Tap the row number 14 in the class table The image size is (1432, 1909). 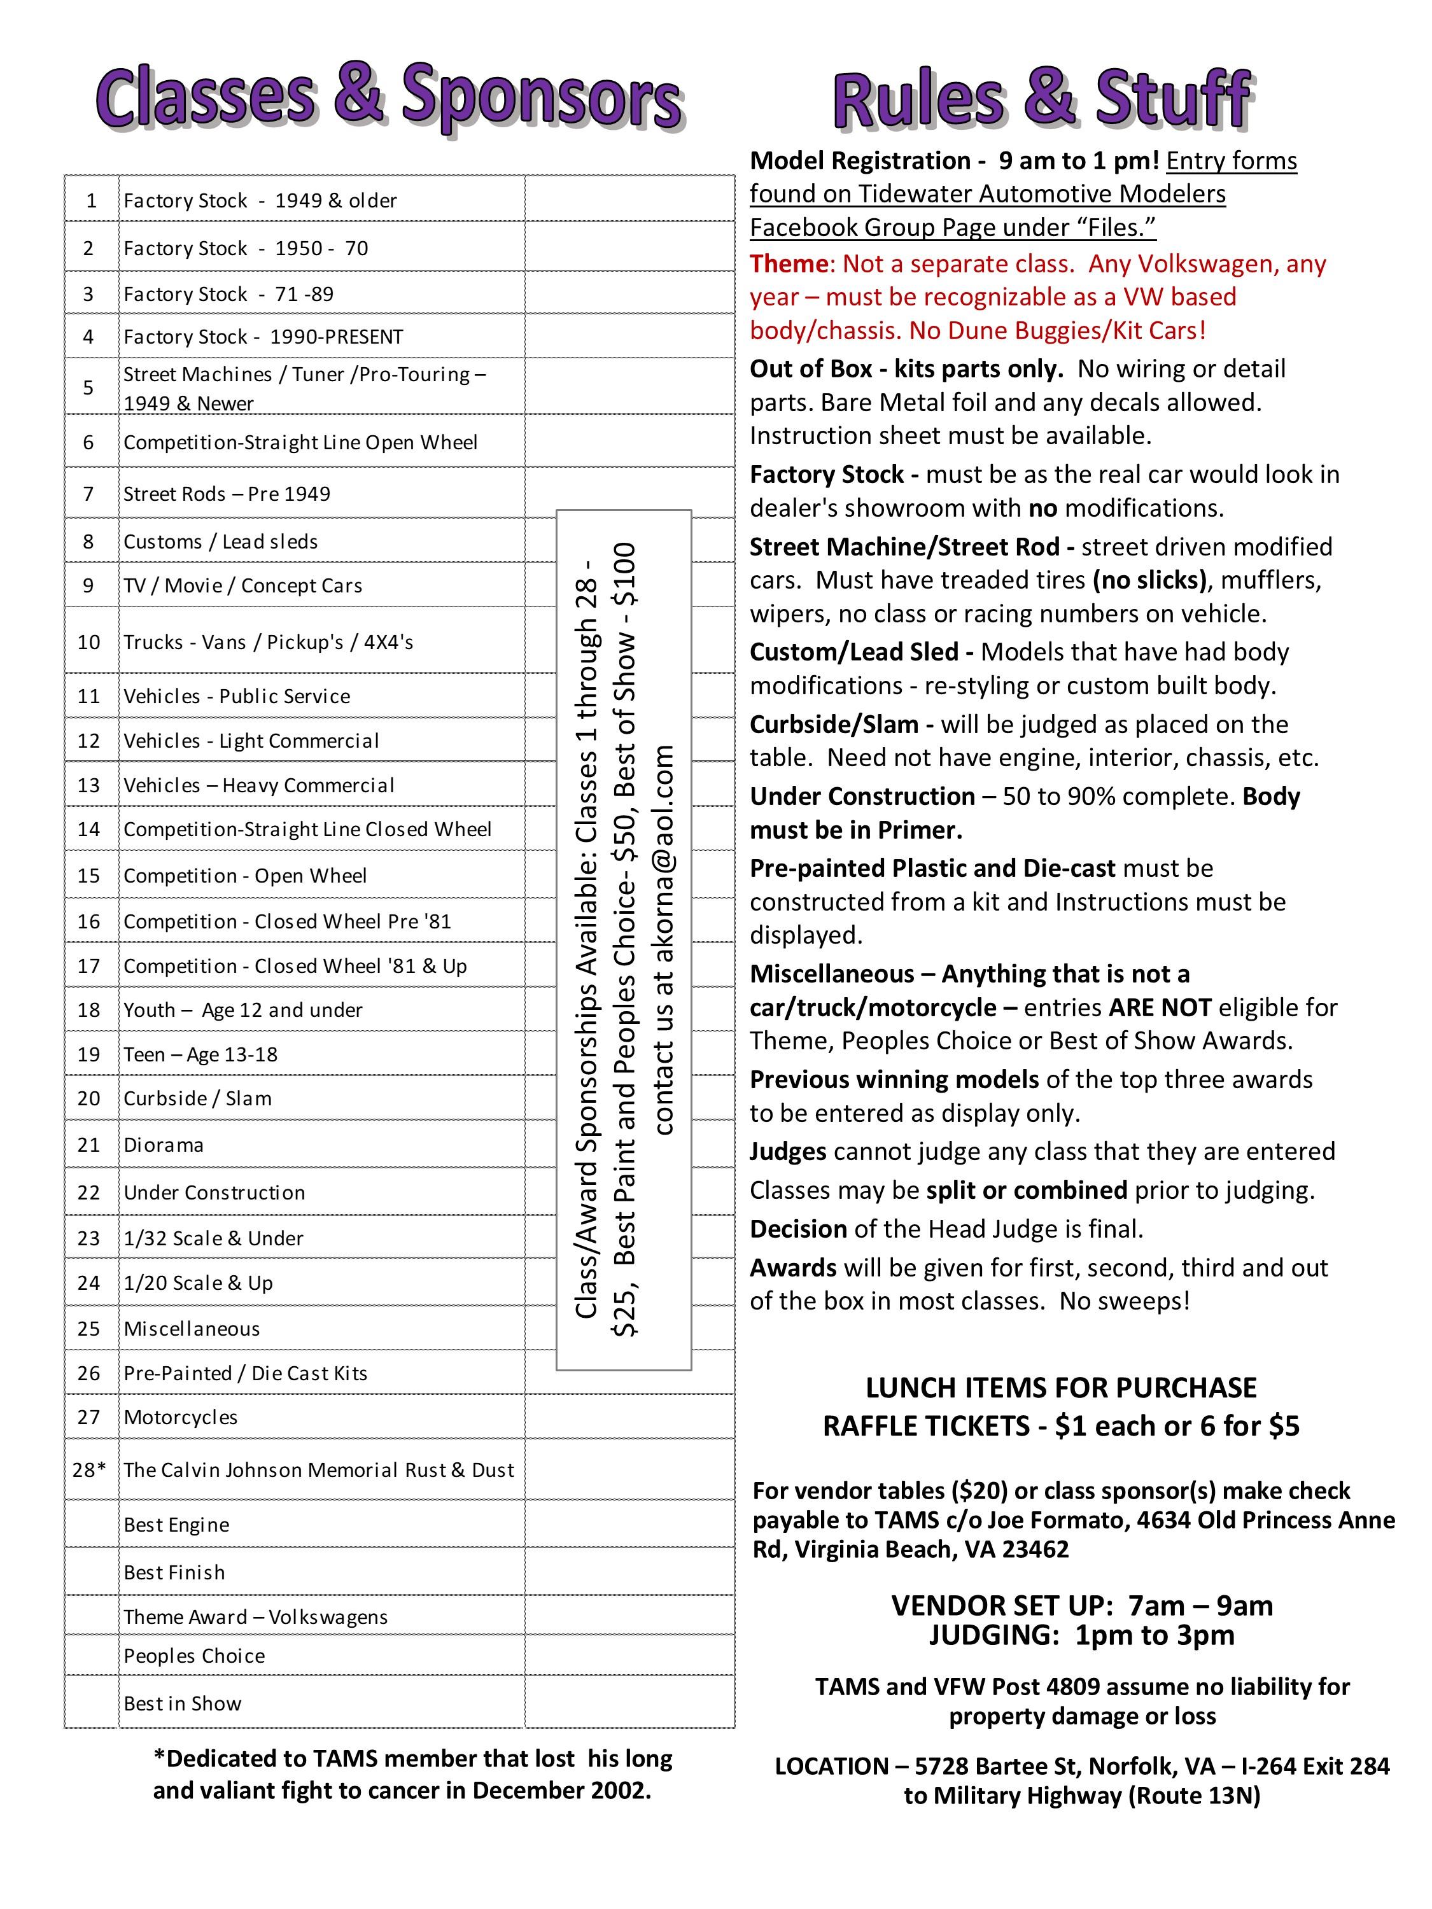coord(89,829)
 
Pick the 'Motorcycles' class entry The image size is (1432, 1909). coord(180,1417)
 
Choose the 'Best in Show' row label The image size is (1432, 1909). coord(182,1703)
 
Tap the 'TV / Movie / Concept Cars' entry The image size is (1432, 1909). coord(242,585)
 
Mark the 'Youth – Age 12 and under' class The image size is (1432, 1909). coord(242,1010)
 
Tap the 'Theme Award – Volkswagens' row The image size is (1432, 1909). coord(255,1616)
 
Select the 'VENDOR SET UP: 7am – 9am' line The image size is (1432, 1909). coord(1081,1605)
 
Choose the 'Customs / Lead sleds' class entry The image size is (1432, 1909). coord(220,541)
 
